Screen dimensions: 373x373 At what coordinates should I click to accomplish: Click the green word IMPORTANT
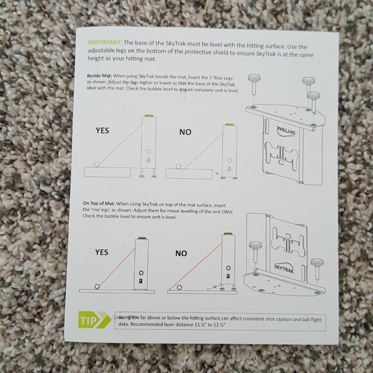pyautogui.click(x=105, y=42)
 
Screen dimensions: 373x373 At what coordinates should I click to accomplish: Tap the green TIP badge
pyautogui.click(x=95, y=320)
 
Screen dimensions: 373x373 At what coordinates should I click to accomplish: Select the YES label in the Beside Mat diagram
pyautogui.click(x=102, y=131)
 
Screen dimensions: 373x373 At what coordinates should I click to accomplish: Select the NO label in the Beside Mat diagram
pyautogui.click(x=185, y=132)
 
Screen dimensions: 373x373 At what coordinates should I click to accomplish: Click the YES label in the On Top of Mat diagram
pyautogui.click(x=102, y=252)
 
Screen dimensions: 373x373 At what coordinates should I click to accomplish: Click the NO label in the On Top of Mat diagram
pyautogui.click(x=181, y=253)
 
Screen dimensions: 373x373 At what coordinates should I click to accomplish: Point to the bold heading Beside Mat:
pyautogui.click(x=99, y=76)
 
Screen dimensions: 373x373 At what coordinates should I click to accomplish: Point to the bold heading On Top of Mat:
pyautogui.click(x=99, y=203)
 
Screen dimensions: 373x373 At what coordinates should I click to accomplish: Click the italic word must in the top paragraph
pyautogui.click(x=194, y=44)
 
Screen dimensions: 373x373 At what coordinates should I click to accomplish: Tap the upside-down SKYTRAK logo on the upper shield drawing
pyautogui.click(x=286, y=131)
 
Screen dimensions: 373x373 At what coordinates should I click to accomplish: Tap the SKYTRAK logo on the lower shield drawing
pyautogui.click(x=284, y=268)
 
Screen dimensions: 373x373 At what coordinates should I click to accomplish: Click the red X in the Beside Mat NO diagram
pyautogui.click(x=217, y=173)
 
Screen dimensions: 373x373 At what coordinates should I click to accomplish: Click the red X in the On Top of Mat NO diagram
pyautogui.click(x=215, y=287)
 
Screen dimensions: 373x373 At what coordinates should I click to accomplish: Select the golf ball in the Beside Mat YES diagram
pyautogui.click(x=97, y=164)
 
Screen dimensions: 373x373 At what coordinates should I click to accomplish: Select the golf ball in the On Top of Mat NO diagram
pyautogui.click(x=179, y=287)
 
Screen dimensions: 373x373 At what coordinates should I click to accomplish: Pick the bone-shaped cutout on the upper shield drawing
pyautogui.click(x=280, y=156)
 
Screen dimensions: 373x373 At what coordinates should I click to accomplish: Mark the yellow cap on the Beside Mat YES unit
pyautogui.click(x=149, y=115)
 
